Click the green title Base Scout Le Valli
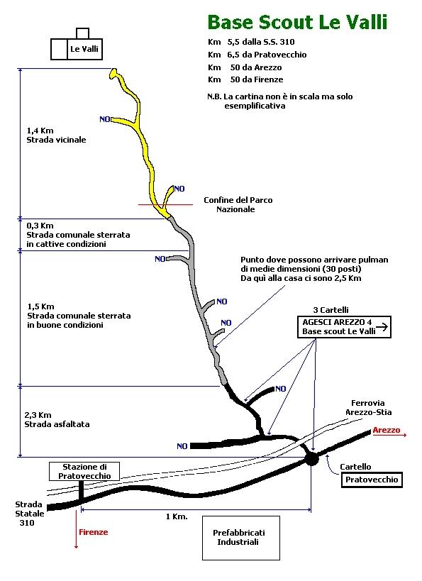coord(297,22)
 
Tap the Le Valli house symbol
coord(77,44)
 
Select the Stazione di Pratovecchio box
coord(84,471)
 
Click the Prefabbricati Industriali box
coord(241,538)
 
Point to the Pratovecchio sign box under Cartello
coord(372,480)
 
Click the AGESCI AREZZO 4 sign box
coord(344,327)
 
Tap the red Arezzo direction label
coord(387,430)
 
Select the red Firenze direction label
coord(94,532)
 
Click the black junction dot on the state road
coord(311,460)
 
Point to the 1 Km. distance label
coord(177,516)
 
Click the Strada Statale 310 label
coord(30,514)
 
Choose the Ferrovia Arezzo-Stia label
coord(368,408)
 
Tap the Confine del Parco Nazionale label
coord(238,204)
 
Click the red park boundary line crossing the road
coord(166,204)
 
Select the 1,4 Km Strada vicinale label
coord(56,135)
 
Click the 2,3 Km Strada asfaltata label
coord(57,420)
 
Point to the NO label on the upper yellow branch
coord(105,119)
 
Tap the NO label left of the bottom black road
coord(182,446)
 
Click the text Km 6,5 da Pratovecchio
coord(257,55)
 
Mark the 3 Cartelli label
coord(331,310)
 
